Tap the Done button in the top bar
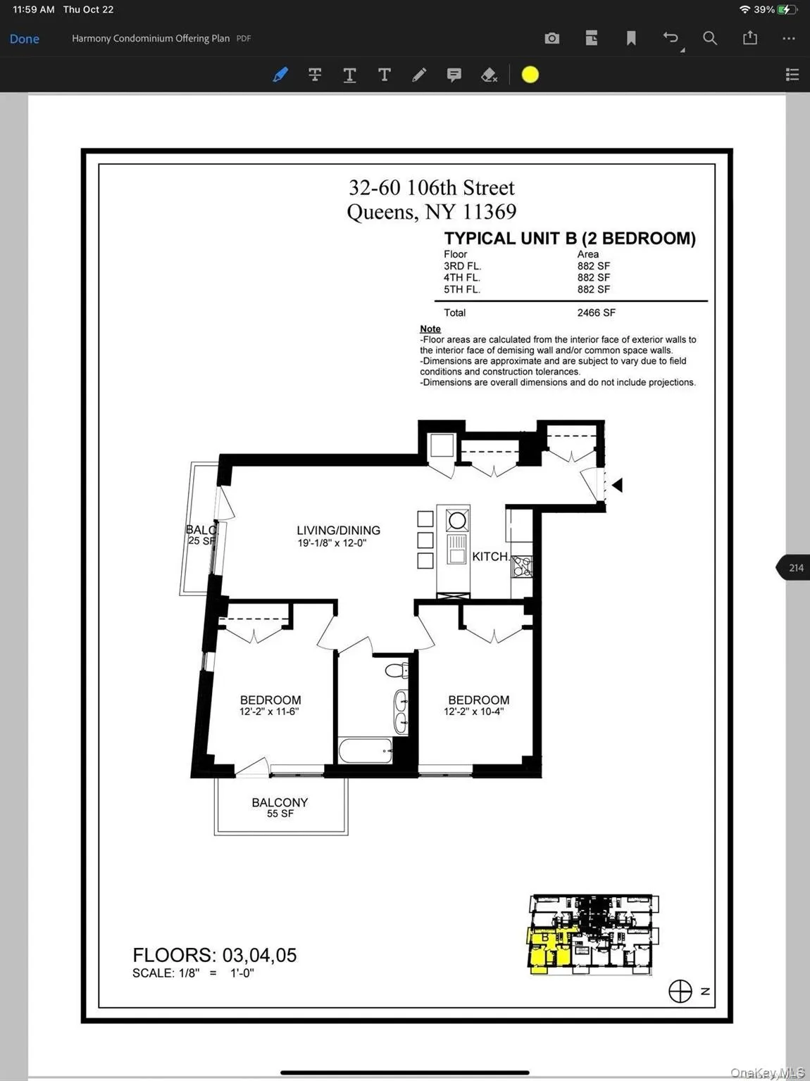click(25, 39)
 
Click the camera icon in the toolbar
click(552, 38)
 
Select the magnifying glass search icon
click(710, 38)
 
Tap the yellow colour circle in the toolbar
click(530, 75)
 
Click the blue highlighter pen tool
click(280, 75)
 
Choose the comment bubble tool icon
click(454, 75)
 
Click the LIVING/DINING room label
click(338, 531)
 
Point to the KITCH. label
click(490, 557)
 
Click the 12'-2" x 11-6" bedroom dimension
click(269, 712)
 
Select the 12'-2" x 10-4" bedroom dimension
click(473, 712)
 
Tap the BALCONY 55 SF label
click(280, 807)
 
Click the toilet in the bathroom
click(397, 670)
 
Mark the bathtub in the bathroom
click(366, 751)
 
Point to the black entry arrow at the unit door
click(617, 485)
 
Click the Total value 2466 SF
click(596, 312)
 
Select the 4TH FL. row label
click(462, 278)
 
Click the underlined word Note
click(430, 329)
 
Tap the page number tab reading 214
click(795, 568)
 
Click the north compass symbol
click(680, 991)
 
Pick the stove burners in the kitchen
click(522, 566)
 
